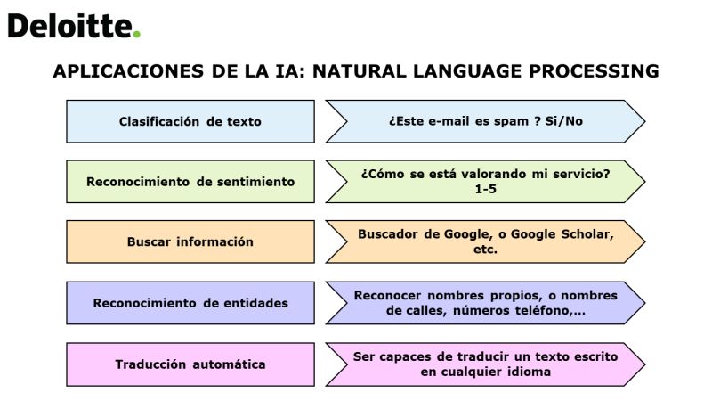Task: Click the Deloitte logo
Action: click(74, 26)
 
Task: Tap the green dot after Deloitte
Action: click(136, 34)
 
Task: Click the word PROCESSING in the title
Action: click(594, 71)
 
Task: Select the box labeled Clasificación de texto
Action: click(190, 121)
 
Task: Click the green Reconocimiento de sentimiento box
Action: click(190, 182)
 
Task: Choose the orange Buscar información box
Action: click(190, 241)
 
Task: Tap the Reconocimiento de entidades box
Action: click(190, 303)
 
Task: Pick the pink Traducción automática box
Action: click(190, 364)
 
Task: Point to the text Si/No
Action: click(563, 121)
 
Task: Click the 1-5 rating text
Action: click(485, 189)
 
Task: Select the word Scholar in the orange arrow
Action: click(587, 234)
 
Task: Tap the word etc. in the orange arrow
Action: click(485, 250)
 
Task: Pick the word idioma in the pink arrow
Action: click(529, 372)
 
